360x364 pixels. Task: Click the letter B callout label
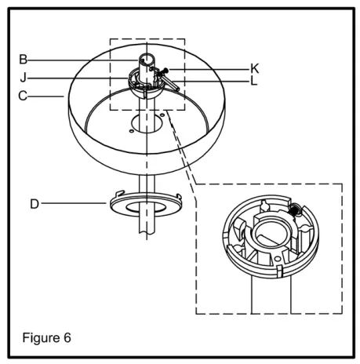coord(24,58)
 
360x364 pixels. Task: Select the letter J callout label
coord(24,77)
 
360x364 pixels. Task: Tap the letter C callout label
coord(24,96)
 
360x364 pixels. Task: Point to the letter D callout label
coord(34,203)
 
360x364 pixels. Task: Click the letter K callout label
coord(255,68)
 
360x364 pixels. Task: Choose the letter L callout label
coord(254,80)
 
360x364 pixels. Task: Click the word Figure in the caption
coord(39,339)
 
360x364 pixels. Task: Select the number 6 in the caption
coord(67,339)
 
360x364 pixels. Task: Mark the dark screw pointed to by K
coord(165,73)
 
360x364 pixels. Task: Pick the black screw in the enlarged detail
coord(296,210)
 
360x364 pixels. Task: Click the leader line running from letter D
coord(75,203)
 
